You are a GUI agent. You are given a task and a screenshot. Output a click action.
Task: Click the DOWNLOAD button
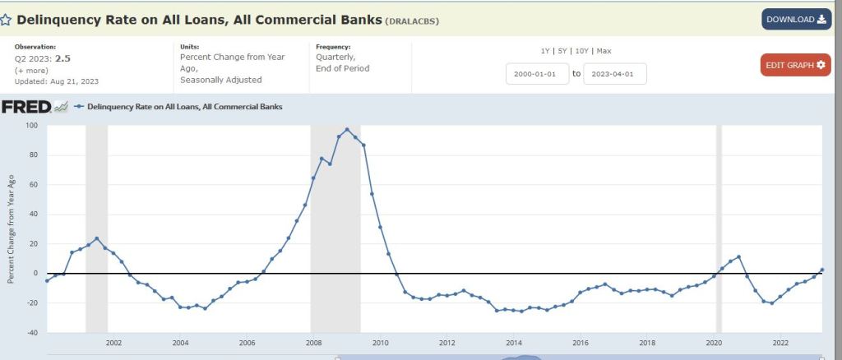point(794,19)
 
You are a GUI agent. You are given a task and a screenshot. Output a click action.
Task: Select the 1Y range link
point(544,51)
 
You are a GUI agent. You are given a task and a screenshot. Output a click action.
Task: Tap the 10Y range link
point(581,51)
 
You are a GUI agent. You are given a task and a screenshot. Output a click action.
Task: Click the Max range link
point(604,51)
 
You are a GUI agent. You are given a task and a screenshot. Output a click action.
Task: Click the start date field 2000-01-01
point(537,74)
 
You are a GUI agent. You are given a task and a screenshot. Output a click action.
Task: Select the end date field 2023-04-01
point(614,74)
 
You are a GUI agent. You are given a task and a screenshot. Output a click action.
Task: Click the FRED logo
point(27,107)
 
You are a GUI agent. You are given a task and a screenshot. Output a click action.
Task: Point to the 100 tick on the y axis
point(33,126)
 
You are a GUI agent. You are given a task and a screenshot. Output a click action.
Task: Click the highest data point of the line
point(347,130)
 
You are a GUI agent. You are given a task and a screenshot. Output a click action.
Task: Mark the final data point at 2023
point(822,270)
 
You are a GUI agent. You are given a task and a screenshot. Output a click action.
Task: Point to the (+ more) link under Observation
point(30,70)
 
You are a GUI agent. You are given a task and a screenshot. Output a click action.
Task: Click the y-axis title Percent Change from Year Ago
point(11,228)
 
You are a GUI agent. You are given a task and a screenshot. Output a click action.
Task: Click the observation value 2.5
point(62,58)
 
